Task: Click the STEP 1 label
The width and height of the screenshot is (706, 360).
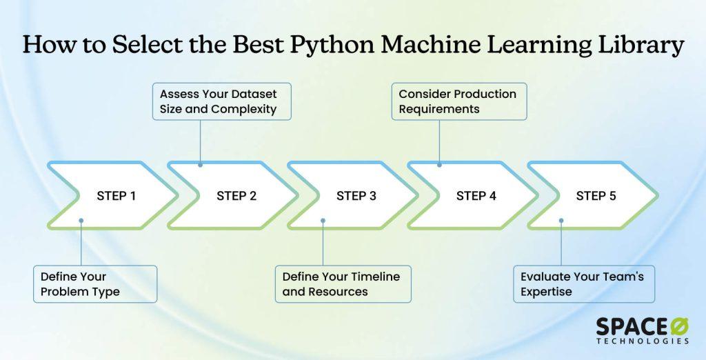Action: [116, 196]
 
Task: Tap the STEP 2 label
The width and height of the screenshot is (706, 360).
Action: [236, 196]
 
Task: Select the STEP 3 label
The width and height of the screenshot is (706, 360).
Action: [356, 196]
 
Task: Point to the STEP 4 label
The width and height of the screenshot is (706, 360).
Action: [476, 196]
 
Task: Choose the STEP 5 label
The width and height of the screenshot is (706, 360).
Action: [596, 196]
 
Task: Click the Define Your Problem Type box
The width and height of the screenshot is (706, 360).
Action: [95, 284]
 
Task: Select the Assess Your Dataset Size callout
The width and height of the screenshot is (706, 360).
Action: [221, 101]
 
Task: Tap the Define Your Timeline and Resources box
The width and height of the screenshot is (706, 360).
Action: [343, 284]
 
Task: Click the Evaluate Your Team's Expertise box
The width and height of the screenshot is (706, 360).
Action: [583, 284]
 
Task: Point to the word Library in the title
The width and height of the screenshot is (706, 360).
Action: [642, 46]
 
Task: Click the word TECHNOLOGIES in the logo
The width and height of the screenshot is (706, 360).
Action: [643, 341]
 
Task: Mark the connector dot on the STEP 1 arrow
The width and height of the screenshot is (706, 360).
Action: [81, 221]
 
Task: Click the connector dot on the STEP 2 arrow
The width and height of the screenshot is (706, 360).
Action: [201, 165]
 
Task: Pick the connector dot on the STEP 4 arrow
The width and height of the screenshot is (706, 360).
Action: [440, 165]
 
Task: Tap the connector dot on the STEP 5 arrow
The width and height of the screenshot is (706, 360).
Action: [561, 221]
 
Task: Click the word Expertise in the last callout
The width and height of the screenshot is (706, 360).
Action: [546, 292]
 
